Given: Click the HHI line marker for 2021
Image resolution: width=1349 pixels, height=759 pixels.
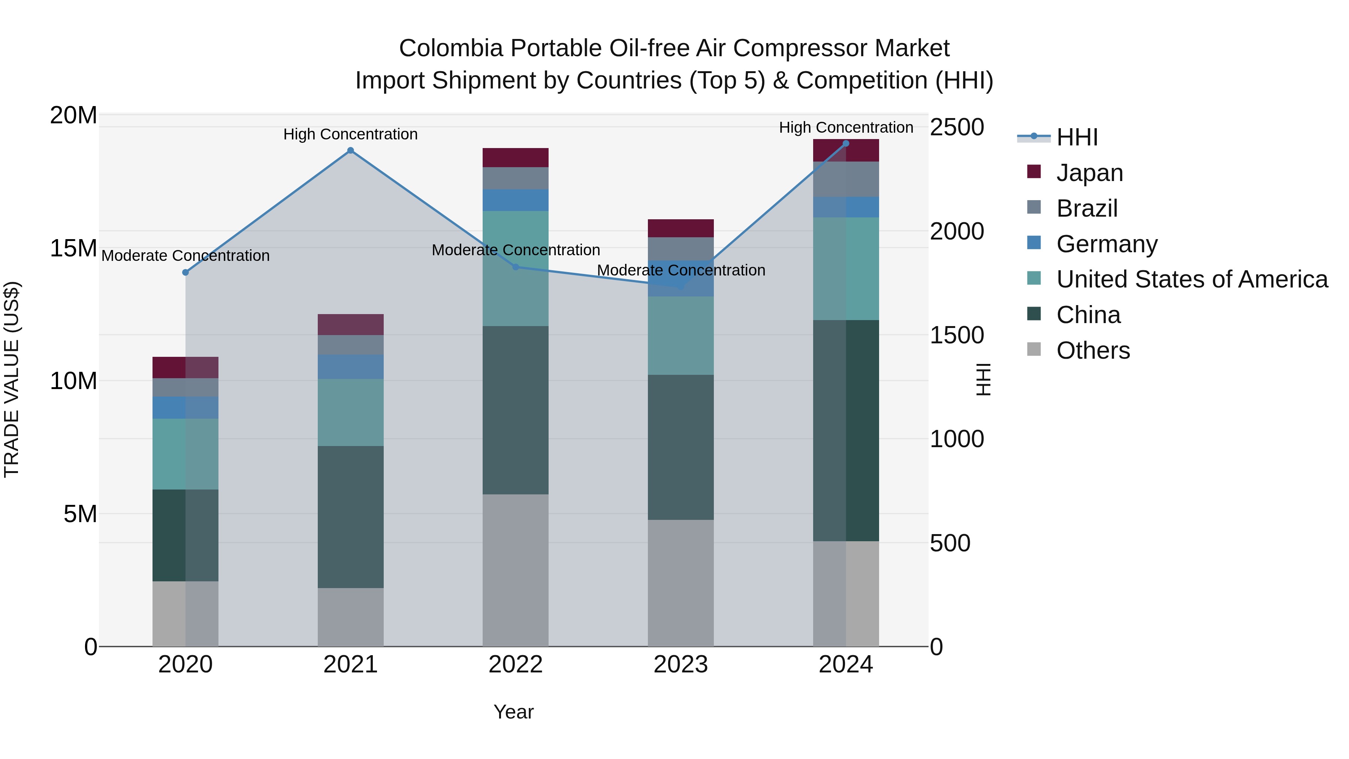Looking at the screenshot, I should (x=350, y=151).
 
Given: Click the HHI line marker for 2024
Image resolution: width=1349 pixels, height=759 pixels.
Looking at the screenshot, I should (x=846, y=144).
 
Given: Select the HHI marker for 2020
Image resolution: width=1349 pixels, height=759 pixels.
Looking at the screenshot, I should (x=185, y=272).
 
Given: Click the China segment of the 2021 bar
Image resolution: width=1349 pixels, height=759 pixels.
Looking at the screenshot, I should (x=350, y=516).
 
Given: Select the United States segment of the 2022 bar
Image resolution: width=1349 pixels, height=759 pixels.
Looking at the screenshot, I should (x=515, y=268).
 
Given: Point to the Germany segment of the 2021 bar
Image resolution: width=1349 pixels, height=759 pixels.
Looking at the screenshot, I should (x=350, y=367).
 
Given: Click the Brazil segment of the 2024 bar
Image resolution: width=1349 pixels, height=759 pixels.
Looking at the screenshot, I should (x=846, y=179).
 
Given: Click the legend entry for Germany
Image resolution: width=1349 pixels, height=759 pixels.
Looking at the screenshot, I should (x=1106, y=244).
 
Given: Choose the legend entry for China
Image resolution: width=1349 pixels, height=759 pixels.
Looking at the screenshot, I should (x=1088, y=315).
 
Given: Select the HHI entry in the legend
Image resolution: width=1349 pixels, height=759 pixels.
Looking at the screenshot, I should (x=1076, y=137).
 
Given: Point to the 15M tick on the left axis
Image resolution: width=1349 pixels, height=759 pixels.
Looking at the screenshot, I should (x=73, y=248).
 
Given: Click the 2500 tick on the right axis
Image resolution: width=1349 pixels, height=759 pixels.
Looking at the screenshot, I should (x=957, y=127).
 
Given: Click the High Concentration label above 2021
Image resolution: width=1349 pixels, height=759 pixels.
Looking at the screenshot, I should (x=350, y=134).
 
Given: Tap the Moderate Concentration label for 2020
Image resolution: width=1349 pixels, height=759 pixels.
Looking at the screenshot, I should (x=185, y=256).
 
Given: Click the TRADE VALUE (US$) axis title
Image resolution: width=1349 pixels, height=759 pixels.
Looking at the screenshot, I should (x=12, y=379).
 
